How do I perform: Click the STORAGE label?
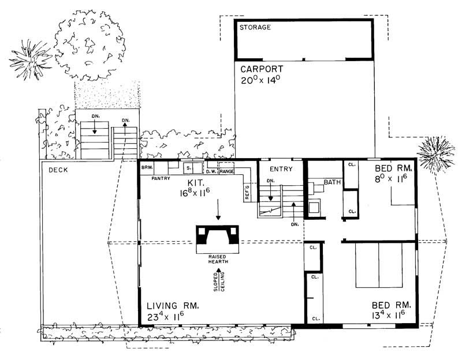pos(255,28)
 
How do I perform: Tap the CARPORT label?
pos(263,68)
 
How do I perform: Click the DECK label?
pos(58,170)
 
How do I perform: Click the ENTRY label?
pos(281,169)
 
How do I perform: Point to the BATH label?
pos(332,182)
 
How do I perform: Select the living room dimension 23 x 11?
pos(165,316)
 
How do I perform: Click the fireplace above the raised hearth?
pos(218,236)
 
